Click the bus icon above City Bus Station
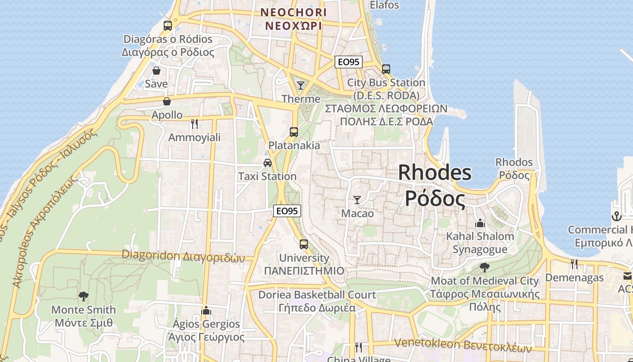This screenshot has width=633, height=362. (x=386, y=69)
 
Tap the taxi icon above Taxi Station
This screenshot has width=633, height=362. (x=268, y=162)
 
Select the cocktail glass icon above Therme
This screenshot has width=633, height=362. (x=301, y=85)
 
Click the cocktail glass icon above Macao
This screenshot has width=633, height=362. (x=357, y=200)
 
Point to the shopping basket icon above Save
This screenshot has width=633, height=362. (x=156, y=71)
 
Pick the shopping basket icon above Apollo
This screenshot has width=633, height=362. (x=167, y=101)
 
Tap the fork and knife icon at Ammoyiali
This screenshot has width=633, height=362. (x=194, y=124)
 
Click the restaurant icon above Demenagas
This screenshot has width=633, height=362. (x=574, y=264)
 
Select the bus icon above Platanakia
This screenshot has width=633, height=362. (x=294, y=132)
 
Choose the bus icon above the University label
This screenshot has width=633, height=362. (x=304, y=244)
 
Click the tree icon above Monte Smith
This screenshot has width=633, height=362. (x=83, y=296)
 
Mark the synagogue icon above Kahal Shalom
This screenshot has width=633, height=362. (x=480, y=223)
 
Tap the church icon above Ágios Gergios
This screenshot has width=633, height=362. (x=206, y=310)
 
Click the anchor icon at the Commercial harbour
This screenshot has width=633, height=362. (x=616, y=216)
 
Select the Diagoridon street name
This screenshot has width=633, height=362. (x=183, y=256)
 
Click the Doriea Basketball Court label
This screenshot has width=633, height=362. (x=317, y=295)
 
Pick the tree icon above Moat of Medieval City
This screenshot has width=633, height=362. (x=485, y=267)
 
